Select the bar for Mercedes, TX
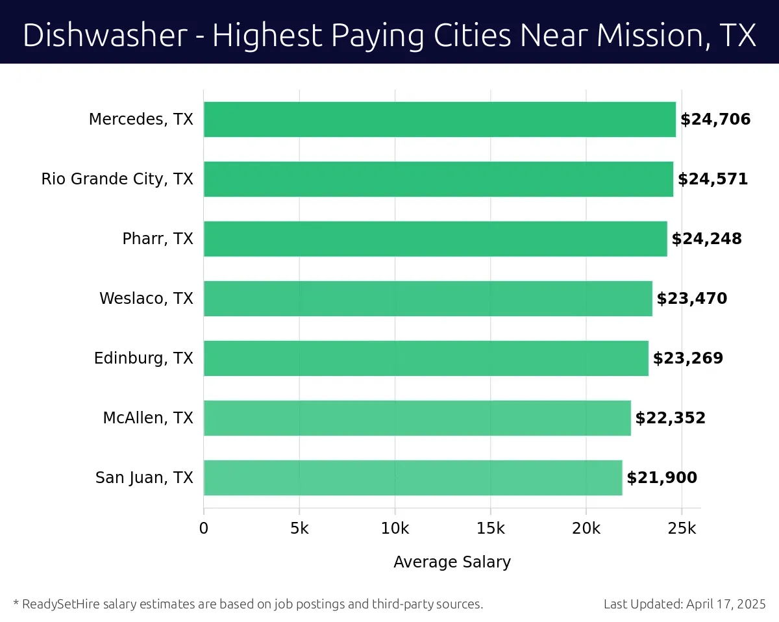pos(439,119)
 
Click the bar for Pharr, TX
pos(435,239)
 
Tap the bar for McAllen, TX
pos(417,418)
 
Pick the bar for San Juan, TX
pos(413,478)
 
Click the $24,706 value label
pos(715,119)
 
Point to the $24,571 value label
pos(712,179)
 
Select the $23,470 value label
pos(691,299)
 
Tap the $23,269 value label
pos(687,358)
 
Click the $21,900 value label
pos(662,478)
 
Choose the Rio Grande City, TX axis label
pos(117,179)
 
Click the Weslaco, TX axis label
pos(146,299)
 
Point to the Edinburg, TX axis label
pos(143,358)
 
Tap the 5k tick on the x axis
pos(299,529)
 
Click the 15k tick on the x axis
pos(490,529)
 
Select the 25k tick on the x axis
pos(682,529)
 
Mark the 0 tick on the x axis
pos(204,529)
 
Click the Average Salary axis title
pos(452,562)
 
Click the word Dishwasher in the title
pos(105,35)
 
